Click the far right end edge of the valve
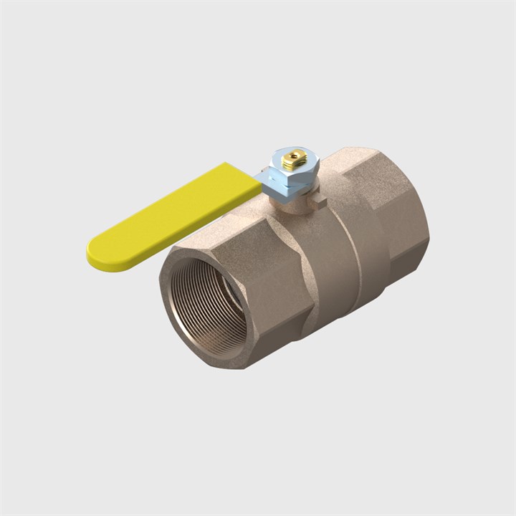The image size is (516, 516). [427, 229]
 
